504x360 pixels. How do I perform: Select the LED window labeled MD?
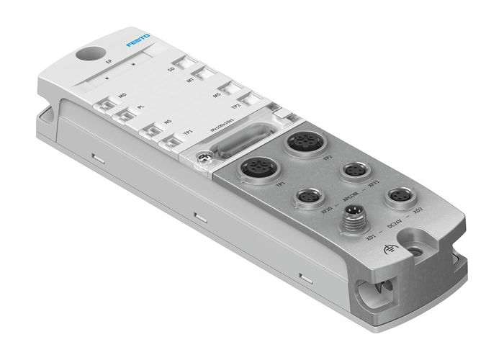107,106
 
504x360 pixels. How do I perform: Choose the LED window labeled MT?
204,73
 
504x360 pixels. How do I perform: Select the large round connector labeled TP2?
302,143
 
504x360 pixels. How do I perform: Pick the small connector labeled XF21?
354,170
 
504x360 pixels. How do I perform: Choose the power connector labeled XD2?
397,194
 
